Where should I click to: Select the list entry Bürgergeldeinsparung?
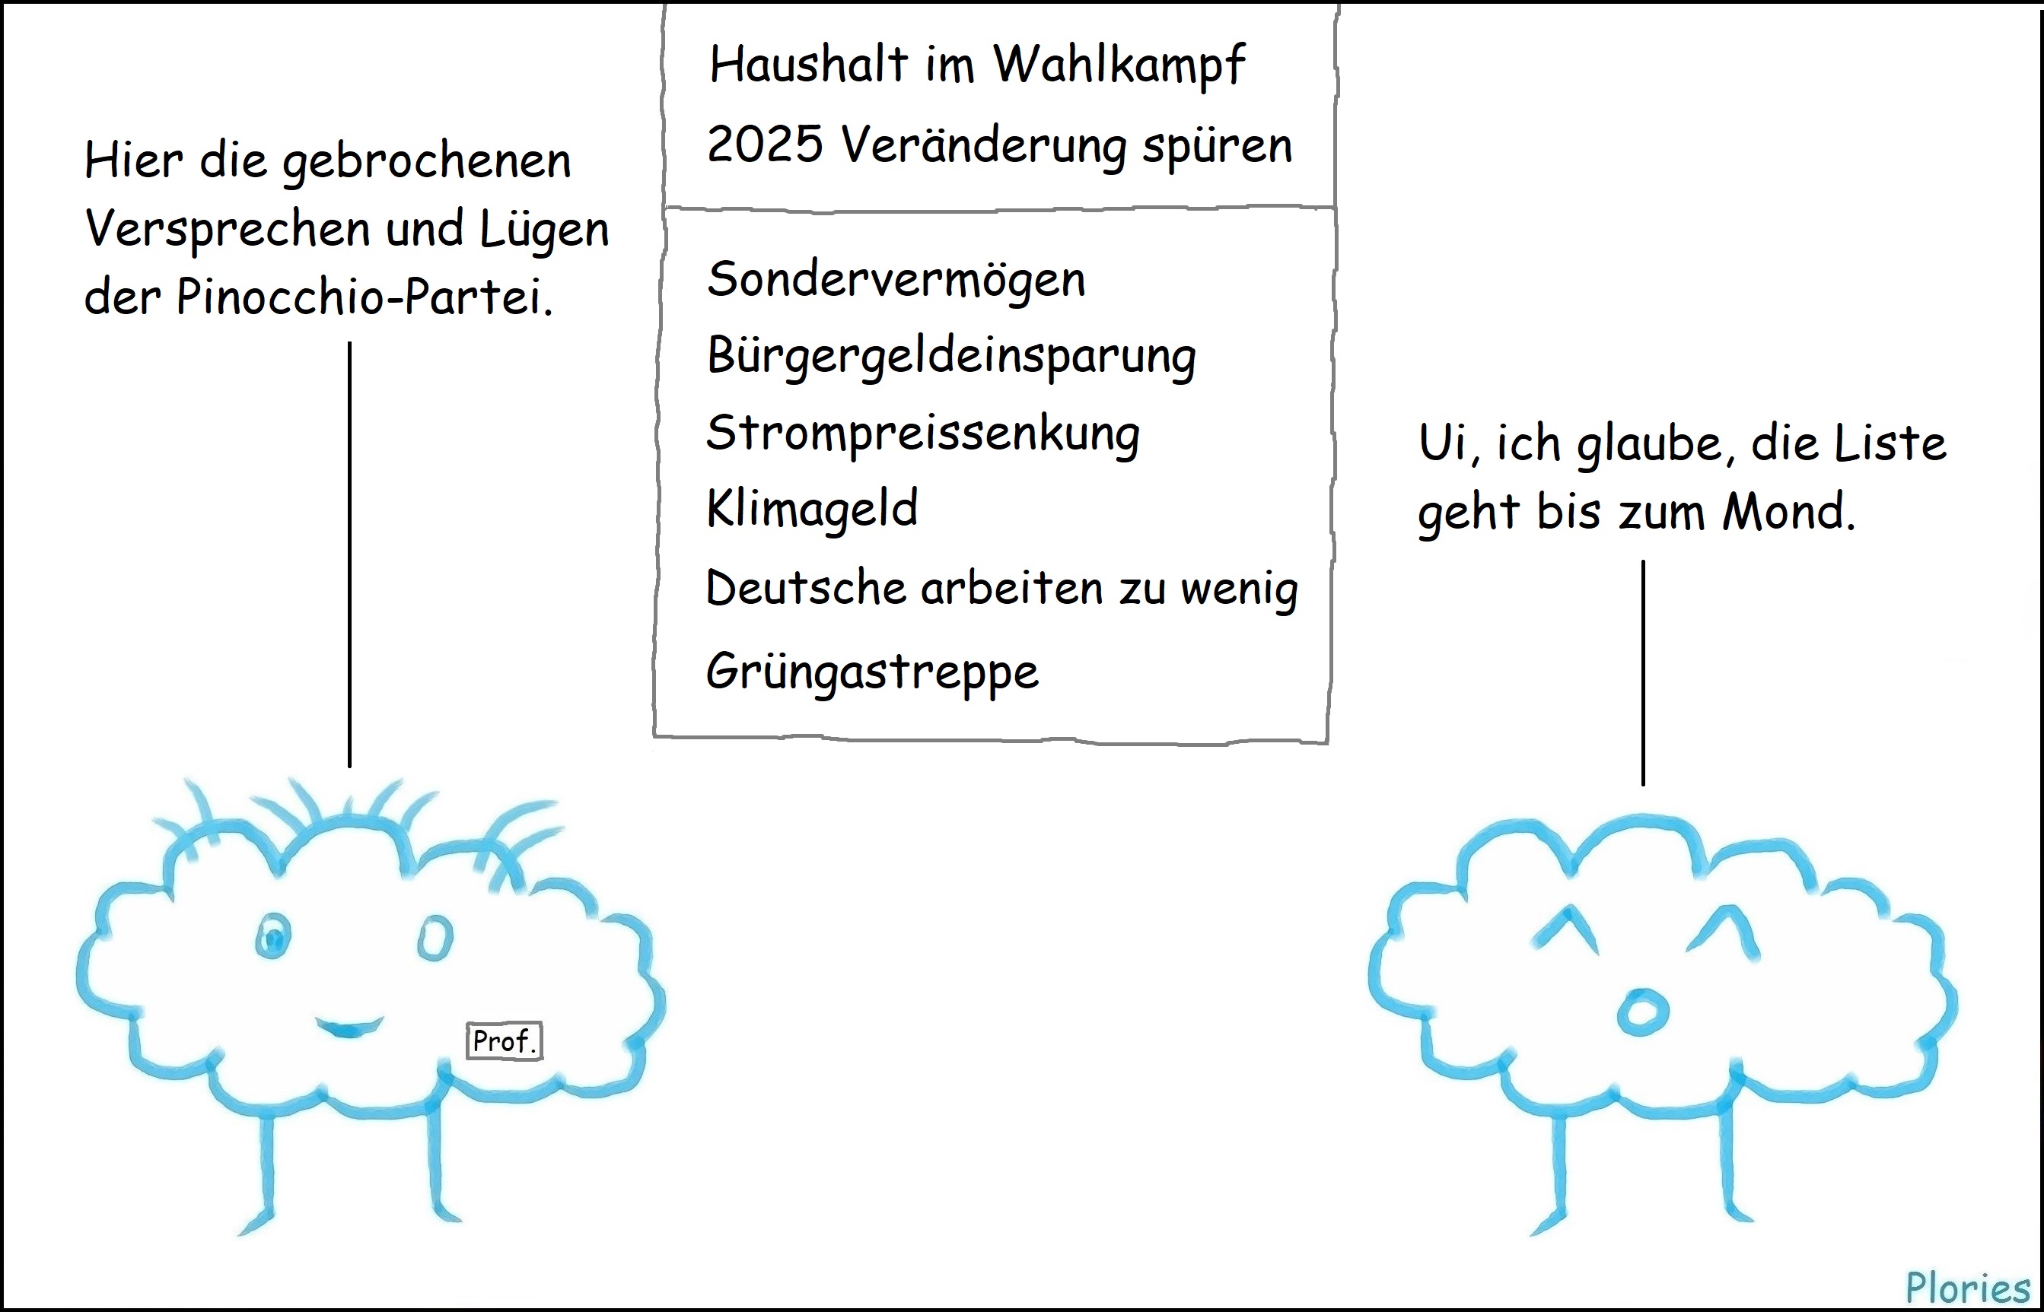(950, 355)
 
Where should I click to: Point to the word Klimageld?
(811, 509)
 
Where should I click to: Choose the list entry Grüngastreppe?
(872, 672)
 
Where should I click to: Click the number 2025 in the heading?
(765, 144)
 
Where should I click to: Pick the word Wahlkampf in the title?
(1119, 64)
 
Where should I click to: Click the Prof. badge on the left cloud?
(504, 1041)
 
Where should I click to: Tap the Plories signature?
(1967, 1288)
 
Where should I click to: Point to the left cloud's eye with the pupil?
(272, 936)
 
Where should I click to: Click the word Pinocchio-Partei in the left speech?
(364, 297)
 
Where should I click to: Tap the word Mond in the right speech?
(1788, 512)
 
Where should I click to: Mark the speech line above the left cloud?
(349, 554)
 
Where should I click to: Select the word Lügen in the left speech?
(544, 229)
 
